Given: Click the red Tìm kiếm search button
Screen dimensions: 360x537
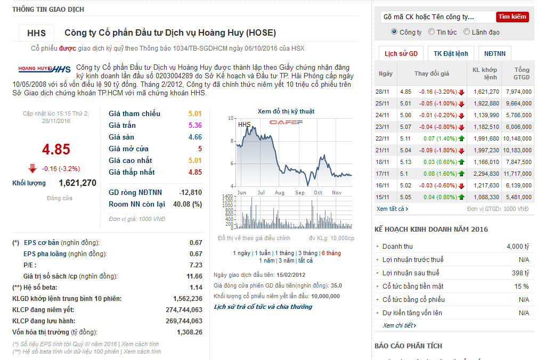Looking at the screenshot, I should click(x=512, y=17).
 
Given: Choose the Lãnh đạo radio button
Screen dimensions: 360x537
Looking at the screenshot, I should click(x=467, y=32).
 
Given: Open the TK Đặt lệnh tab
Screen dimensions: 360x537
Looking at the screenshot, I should click(x=450, y=54).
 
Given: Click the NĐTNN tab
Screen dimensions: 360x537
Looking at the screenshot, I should click(x=495, y=54).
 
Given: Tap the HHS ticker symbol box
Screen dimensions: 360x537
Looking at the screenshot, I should click(x=37, y=33).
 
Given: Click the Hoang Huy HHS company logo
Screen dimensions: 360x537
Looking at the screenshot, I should click(x=44, y=69).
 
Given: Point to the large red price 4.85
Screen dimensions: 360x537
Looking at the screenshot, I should click(x=56, y=149).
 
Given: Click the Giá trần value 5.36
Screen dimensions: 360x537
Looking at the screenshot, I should click(x=195, y=126).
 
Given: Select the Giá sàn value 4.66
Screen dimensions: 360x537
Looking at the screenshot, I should click(x=195, y=137).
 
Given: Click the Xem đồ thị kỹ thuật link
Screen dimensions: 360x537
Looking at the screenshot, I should click(x=286, y=111).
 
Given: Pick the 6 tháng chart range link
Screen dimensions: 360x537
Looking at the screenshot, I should click(x=331, y=253).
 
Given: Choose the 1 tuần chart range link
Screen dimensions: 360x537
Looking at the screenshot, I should click(x=263, y=253).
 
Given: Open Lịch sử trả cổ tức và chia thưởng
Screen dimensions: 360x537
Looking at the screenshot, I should click(x=263, y=307).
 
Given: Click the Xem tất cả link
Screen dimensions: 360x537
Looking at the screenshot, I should click(x=392, y=209).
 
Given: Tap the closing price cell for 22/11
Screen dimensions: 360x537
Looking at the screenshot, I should click(x=405, y=138).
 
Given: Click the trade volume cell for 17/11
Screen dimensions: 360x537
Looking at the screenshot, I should click(x=486, y=174).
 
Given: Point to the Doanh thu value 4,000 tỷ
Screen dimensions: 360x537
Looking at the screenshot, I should click(x=518, y=247).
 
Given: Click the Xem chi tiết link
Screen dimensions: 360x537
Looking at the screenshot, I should click(x=399, y=325).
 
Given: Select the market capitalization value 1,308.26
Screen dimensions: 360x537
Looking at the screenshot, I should click(x=190, y=332).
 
